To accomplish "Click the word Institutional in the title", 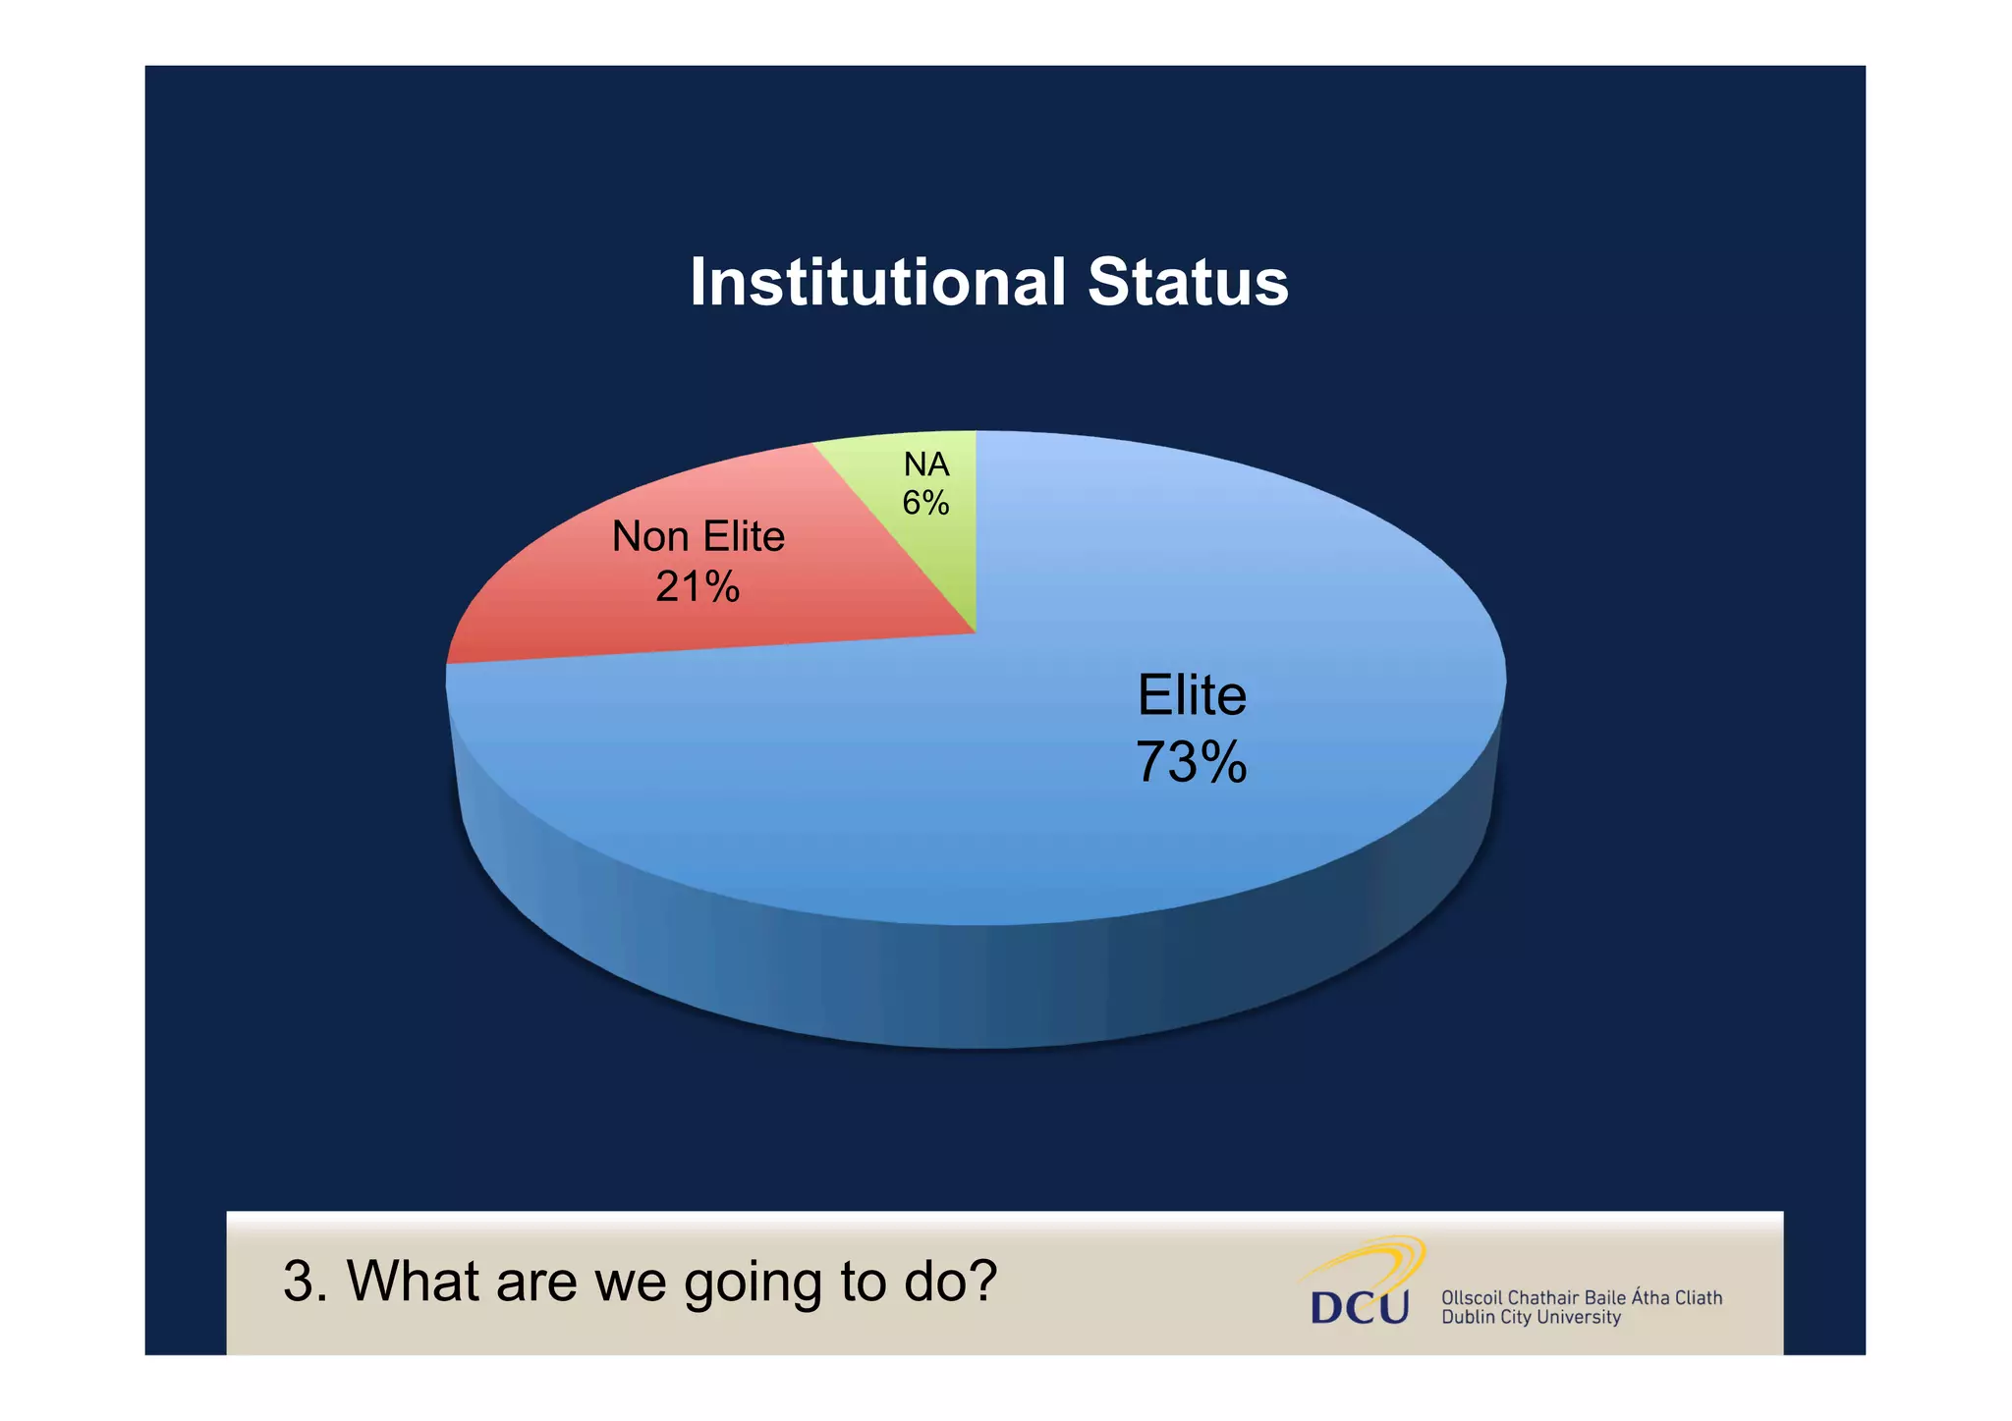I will pyautogui.click(x=877, y=283).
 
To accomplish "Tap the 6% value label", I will pyautogui.click(x=925, y=504).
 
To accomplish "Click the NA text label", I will pyautogui.click(x=925, y=465).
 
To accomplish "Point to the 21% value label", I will pyautogui.click(x=698, y=587).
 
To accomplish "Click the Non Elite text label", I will pyautogui.click(x=698, y=537).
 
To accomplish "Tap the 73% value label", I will pyautogui.click(x=1191, y=762).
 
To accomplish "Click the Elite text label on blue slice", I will pyautogui.click(x=1191, y=695).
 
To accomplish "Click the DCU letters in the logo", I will pyautogui.click(x=1360, y=1308).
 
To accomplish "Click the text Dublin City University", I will pyautogui.click(x=1530, y=1318).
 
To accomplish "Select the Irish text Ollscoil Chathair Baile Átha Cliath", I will pyautogui.click(x=1581, y=1297).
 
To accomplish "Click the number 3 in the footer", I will pyautogui.click(x=298, y=1282).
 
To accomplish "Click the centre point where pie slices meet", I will pyautogui.click(x=976, y=632).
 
